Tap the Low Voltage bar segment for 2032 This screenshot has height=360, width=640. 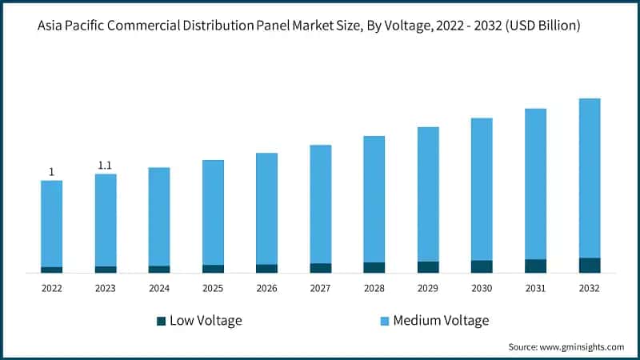click(589, 265)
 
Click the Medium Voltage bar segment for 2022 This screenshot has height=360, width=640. click(52, 223)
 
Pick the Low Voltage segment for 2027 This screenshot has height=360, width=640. click(321, 267)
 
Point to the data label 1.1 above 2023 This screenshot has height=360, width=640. click(105, 165)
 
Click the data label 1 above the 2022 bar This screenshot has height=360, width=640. click(52, 171)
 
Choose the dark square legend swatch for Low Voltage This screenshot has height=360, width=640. click(161, 321)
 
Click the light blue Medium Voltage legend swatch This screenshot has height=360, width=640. click(384, 321)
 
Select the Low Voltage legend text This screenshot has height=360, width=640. click(206, 321)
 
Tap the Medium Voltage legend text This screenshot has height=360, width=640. click(441, 321)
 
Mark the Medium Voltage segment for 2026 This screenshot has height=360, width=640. click(266, 208)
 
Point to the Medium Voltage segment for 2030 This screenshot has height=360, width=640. click(482, 189)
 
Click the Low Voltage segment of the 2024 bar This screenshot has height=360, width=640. click(159, 269)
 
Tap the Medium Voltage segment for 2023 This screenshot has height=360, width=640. click(106, 220)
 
